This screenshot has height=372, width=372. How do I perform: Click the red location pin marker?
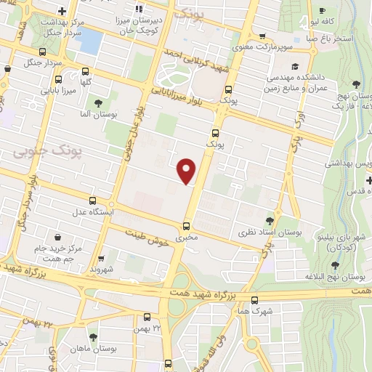click(x=187, y=170)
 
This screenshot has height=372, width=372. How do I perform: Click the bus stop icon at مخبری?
click(x=187, y=225)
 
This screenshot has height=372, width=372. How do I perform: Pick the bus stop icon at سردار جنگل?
click(x=42, y=52)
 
